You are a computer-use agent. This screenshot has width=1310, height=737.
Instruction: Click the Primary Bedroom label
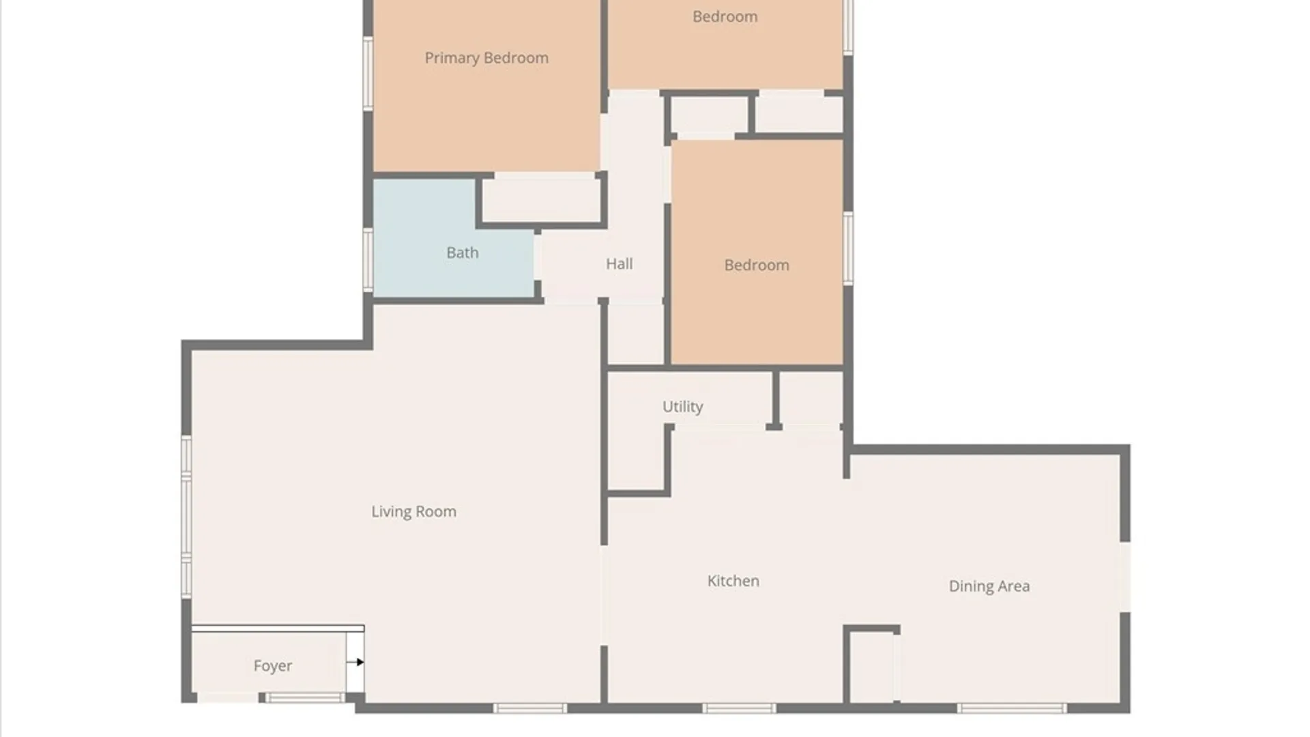pos(486,58)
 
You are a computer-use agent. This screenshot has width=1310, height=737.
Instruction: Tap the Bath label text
pos(463,252)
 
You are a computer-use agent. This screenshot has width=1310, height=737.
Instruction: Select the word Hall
pos(620,263)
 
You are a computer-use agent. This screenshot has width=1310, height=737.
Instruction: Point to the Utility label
pos(682,407)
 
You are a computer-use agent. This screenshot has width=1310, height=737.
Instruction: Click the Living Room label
pos(414,512)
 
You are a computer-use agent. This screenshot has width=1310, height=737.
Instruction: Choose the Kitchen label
pos(733,581)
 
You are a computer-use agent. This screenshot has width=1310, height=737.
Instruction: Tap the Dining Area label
pos(989,586)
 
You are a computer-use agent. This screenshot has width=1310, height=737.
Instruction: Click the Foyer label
pos(273,666)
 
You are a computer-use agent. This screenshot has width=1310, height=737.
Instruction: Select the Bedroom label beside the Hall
pos(757,265)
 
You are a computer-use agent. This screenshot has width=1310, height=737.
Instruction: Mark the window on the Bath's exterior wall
pos(368,259)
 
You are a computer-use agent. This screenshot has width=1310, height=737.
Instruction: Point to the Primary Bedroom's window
pos(368,74)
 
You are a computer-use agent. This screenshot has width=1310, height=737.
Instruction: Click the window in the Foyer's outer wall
pos(304,697)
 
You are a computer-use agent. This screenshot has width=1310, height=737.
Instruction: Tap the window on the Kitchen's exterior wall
pos(739,708)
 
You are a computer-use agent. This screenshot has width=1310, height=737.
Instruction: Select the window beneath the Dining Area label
pos(1012,708)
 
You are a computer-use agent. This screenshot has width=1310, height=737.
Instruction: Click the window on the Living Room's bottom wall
pos(530,708)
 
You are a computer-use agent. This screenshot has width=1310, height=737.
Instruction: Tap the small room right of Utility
pos(811,398)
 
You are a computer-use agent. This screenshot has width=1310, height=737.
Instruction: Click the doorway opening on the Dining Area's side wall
pos(1125,577)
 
